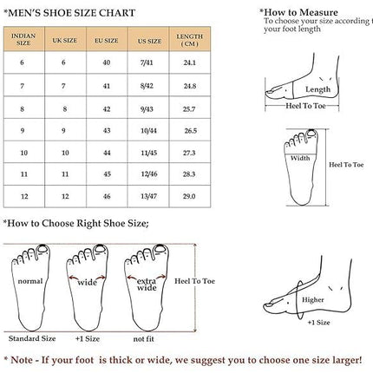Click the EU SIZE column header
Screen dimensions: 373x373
[x=107, y=41]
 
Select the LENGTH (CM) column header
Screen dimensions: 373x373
[x=189, y=40]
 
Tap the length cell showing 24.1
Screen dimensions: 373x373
[x=190, y=62]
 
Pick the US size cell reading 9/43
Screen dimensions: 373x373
[x=147, y=109]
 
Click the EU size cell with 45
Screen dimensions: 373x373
[x=107, y=174]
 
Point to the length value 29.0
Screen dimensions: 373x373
[x=189, y=196]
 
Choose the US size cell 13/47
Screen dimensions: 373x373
[x=148, y=196]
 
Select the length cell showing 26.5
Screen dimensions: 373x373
[x=191, y=131]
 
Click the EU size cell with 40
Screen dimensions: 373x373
[x=107, y=62]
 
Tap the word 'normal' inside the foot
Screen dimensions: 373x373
[x=30, y=281]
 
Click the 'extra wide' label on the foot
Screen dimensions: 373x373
[x=147, y=285]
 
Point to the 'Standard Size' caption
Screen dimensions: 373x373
[x=32, y=338]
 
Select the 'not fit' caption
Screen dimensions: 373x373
[x=144, y=339]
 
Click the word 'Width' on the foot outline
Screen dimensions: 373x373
[x=300, y=158]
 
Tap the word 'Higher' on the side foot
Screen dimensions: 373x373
[x=313, y=300]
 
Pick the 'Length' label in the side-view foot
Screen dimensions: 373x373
[x=317, y=89]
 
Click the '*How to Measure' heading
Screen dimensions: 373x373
[x=298, y=12]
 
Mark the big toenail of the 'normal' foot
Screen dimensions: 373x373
[x=43, y=248]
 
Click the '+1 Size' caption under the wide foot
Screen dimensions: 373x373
[x=88, y=338]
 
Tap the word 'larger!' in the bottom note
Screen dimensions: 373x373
[x=347, y=360]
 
